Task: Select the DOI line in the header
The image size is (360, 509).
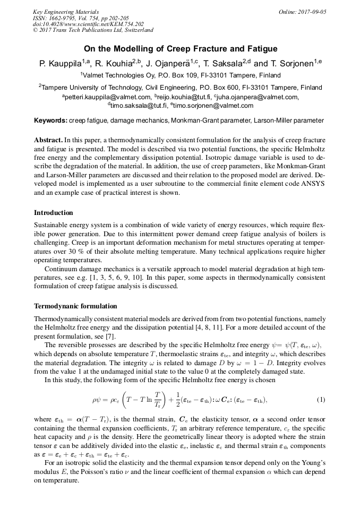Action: coord(88,24)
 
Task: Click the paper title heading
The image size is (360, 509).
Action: coord(180,47)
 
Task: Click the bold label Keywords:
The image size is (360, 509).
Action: coord(50,120)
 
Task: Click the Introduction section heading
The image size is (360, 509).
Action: coord(54,212)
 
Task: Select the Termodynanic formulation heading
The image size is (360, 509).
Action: coord(75,306)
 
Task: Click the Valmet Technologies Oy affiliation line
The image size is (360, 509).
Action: coord(180,75)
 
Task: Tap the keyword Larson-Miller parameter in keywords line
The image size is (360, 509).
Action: coord(288,120)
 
